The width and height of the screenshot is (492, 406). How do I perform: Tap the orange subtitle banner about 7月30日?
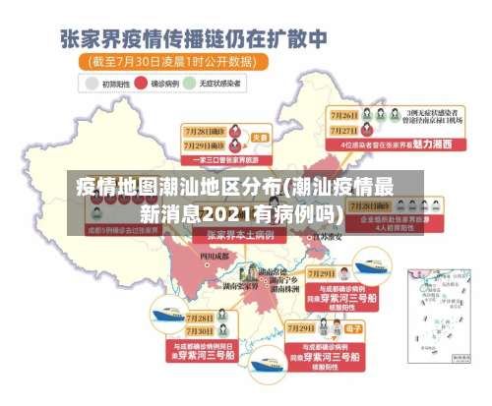173,61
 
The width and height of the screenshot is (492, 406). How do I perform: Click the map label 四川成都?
213,256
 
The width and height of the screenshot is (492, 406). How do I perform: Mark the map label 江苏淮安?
328,236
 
